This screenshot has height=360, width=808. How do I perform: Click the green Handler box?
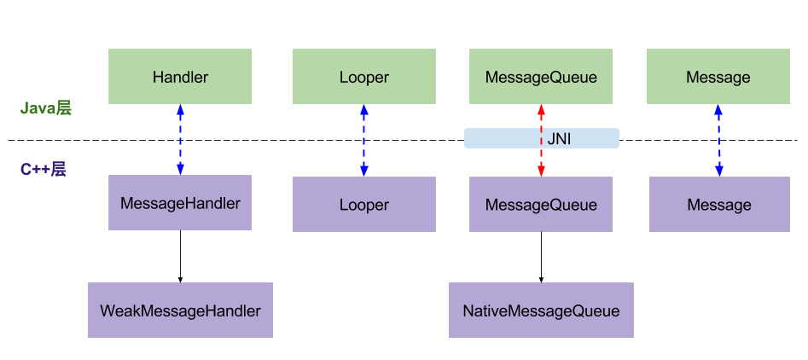point(180,76)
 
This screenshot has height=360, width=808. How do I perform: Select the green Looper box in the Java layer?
point(363,76)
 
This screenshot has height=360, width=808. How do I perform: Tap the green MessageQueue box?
point(541,76)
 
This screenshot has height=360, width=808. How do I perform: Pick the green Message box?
point(718,76)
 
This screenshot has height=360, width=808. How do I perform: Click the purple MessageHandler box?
point(180,202)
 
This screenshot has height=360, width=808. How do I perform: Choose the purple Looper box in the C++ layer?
point(363,205)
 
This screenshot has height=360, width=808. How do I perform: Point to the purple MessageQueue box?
point(541,205)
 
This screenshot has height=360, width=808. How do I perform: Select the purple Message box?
point(719,205)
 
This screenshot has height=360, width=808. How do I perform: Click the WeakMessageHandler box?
point(180,310)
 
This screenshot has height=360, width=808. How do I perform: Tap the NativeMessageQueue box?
point(541,310)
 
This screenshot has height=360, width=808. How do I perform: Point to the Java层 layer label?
point(45,108)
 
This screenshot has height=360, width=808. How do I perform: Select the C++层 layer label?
point(44,170)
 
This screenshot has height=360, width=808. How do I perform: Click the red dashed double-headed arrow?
point(541,140)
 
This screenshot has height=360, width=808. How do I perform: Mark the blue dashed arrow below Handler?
point(180,140)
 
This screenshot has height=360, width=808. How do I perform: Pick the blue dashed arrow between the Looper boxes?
point(364,140)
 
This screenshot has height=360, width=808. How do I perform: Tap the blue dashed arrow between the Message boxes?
point(719,140)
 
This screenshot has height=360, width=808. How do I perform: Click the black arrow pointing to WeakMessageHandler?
point(180,257)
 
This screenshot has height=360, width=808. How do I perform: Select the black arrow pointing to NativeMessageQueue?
point(541,257)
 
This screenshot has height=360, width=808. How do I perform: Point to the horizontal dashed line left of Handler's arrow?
point(93,140)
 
